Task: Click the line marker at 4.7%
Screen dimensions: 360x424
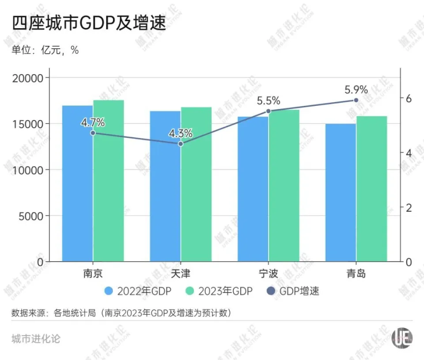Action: coord(93,133)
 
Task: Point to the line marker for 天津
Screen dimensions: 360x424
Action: coord(181,144)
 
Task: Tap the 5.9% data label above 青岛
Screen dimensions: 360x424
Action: coord(356,90)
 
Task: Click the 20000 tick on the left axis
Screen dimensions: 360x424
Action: coord(28,78)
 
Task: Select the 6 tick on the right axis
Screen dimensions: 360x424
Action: coord(409,98)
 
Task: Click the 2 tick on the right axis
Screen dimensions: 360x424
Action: coord(409,207)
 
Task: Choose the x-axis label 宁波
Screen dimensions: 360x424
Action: coord(269,274)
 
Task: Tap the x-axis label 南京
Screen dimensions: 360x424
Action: coord(93,274)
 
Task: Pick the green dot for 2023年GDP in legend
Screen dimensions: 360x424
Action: coord(190,291)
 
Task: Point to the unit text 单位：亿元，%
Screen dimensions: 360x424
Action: coord(45,50)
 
